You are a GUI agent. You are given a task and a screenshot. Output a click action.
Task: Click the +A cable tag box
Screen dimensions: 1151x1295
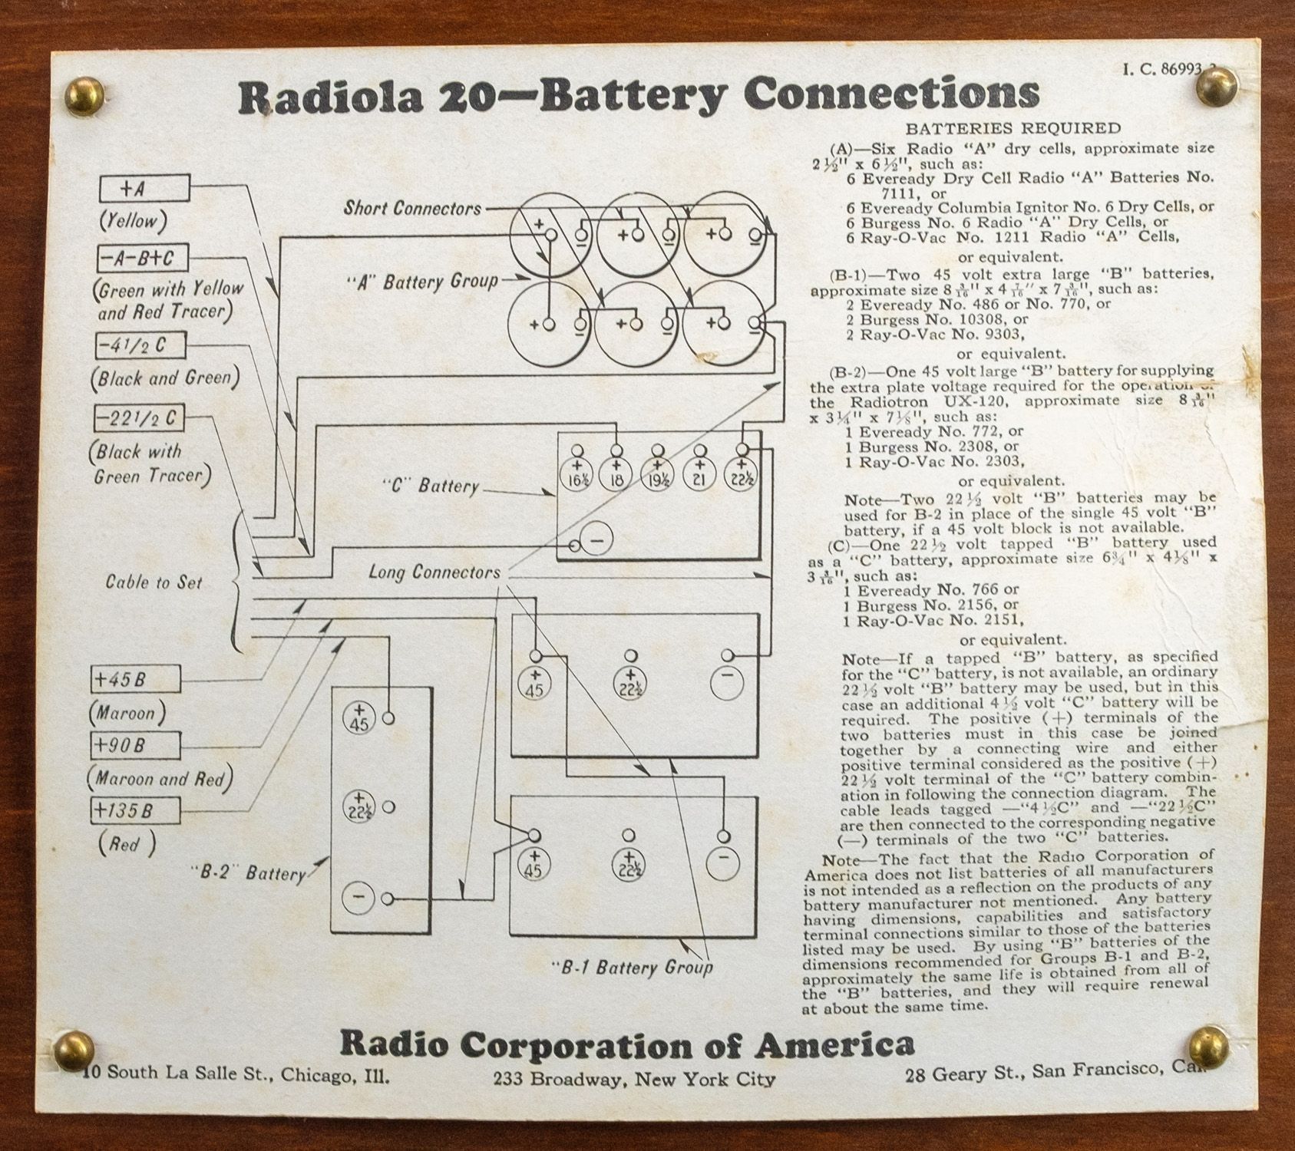[x=144, y=188]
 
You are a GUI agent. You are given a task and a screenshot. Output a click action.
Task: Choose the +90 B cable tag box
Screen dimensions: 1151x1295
[x=135, y=745]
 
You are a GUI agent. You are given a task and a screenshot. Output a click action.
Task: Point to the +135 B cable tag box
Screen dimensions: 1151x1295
[x=135, y=810]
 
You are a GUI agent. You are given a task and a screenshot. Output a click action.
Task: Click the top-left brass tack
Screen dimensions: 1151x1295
[x=81, y=94]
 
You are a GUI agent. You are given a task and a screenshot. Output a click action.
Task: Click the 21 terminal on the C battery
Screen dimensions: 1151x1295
[x=699, y=474]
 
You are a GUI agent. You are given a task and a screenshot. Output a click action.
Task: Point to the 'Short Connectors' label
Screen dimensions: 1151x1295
[x=412, y=208]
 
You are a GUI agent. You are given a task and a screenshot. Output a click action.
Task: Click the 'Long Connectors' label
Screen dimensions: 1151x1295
[x=434, y=572]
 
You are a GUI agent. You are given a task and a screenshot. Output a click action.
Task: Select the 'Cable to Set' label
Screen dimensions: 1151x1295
[x=154, y=582]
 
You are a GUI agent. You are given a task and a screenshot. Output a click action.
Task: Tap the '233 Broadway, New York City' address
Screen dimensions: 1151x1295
[x=635, y=1079]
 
